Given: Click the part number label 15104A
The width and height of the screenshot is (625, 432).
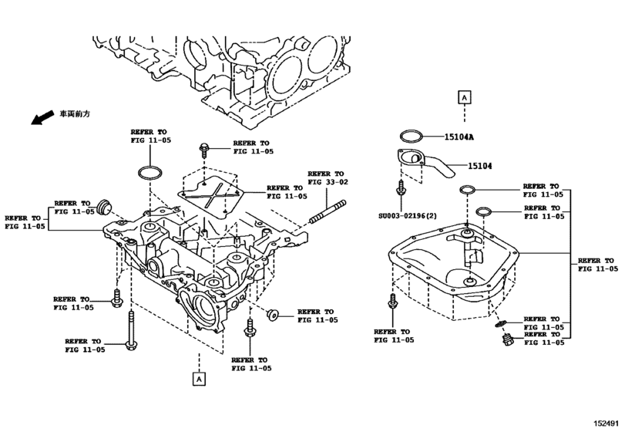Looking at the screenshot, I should [459, 137].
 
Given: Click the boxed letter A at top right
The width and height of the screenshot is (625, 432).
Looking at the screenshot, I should [464, 97].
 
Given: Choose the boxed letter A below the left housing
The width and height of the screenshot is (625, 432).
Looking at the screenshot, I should [199, 379].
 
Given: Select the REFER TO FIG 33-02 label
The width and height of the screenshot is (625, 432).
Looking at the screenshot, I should [328, 178].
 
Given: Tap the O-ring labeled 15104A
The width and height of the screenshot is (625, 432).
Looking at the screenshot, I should [411, 137].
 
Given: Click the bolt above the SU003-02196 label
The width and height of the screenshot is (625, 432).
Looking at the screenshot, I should [400, 190].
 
